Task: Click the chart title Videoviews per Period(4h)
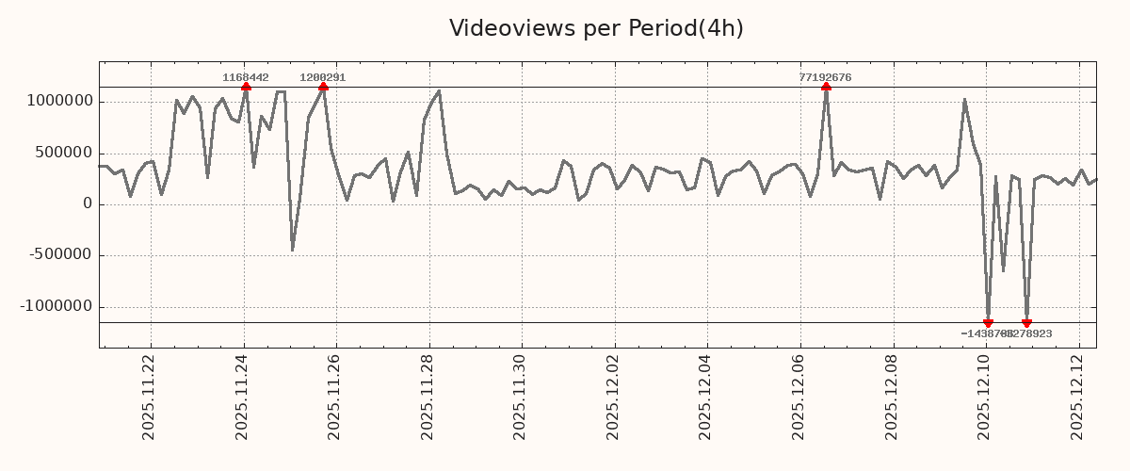(x=596, y=28)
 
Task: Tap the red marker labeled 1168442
(x=246, y=87)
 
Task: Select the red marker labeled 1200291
(x=323, y=87)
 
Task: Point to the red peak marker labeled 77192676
(x=826, y=87)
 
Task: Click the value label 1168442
(x=246, y=77)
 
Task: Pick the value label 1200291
(x=323, y=77)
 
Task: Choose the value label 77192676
(x=825, y=77)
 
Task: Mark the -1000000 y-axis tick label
(x=56, y=306)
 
